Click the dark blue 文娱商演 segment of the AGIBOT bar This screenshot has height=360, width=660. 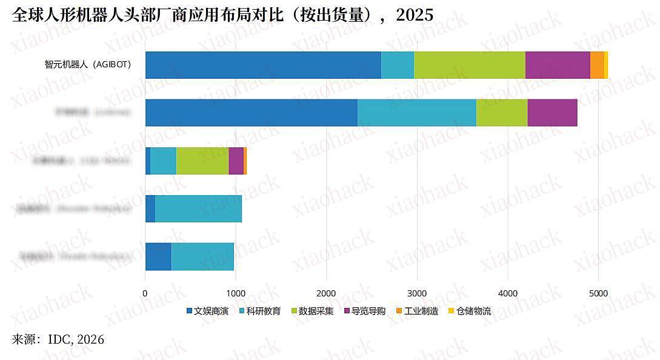[x=263, y=65]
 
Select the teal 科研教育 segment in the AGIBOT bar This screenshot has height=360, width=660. [x=398, y=65]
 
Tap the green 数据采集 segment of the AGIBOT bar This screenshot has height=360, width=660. [x=469, y=65]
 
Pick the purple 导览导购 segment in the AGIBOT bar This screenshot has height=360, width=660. [x=558, y=65]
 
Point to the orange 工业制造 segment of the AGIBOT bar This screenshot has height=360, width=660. [x=597, y=65]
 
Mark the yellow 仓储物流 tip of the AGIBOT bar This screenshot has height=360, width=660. [x=606, y=65]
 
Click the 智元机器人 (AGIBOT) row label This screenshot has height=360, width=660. [x=87, y=64]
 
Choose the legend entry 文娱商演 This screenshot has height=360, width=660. [x=207, y=312]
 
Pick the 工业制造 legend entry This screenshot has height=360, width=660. [x=417, y=312]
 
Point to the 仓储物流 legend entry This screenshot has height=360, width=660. [x=469, y=312]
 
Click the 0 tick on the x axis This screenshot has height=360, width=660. [x=145, y=293]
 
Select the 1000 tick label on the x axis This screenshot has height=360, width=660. [x=236, y=293]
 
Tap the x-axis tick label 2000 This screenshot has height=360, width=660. [x=326, y=293]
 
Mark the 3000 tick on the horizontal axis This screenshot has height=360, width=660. [x=417, y=293]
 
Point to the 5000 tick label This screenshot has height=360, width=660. [x=598, y=293]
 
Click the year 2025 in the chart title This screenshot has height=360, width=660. [x=415, y=15]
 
